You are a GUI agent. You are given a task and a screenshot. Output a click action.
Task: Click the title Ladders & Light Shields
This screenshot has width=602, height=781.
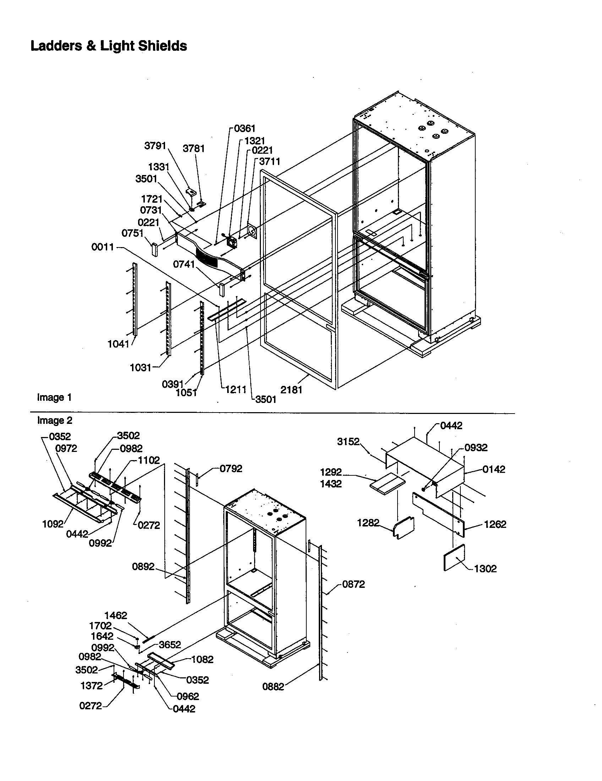point(109,46)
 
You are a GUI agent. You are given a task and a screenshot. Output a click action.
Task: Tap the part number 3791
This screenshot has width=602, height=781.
point(155,146)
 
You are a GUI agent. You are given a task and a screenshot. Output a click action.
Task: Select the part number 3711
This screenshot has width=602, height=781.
point(269,162)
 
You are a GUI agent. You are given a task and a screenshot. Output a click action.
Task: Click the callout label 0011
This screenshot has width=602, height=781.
point(103,247)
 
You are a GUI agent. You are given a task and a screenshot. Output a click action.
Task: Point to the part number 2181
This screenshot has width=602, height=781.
point(291,390)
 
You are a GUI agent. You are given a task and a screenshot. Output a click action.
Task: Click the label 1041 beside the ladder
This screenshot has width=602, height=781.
point(118,344)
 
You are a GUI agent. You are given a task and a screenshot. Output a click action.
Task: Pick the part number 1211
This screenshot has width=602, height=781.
point(236,389)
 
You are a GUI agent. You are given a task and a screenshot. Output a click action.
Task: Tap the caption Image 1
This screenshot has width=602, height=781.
point(54,398)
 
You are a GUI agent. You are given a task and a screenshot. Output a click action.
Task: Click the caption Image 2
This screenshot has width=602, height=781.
point(55,421)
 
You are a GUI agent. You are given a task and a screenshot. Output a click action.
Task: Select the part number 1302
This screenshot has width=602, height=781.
point(485,569)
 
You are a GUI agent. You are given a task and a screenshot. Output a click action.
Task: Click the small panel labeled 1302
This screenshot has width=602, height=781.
point(454,557)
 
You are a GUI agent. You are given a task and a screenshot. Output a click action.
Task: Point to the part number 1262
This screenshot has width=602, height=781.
point(495,524)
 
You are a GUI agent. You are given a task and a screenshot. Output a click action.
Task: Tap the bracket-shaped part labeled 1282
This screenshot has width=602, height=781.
point(404,527)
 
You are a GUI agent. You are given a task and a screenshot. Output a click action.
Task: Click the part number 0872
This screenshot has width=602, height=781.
point(354,584)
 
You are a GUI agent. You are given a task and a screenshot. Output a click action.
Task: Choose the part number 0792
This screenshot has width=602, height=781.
point(231,469)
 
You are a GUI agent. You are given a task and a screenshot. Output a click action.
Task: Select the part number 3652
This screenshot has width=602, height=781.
point(170,644)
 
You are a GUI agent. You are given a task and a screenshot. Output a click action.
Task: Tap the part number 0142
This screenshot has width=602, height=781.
point(494,470)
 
